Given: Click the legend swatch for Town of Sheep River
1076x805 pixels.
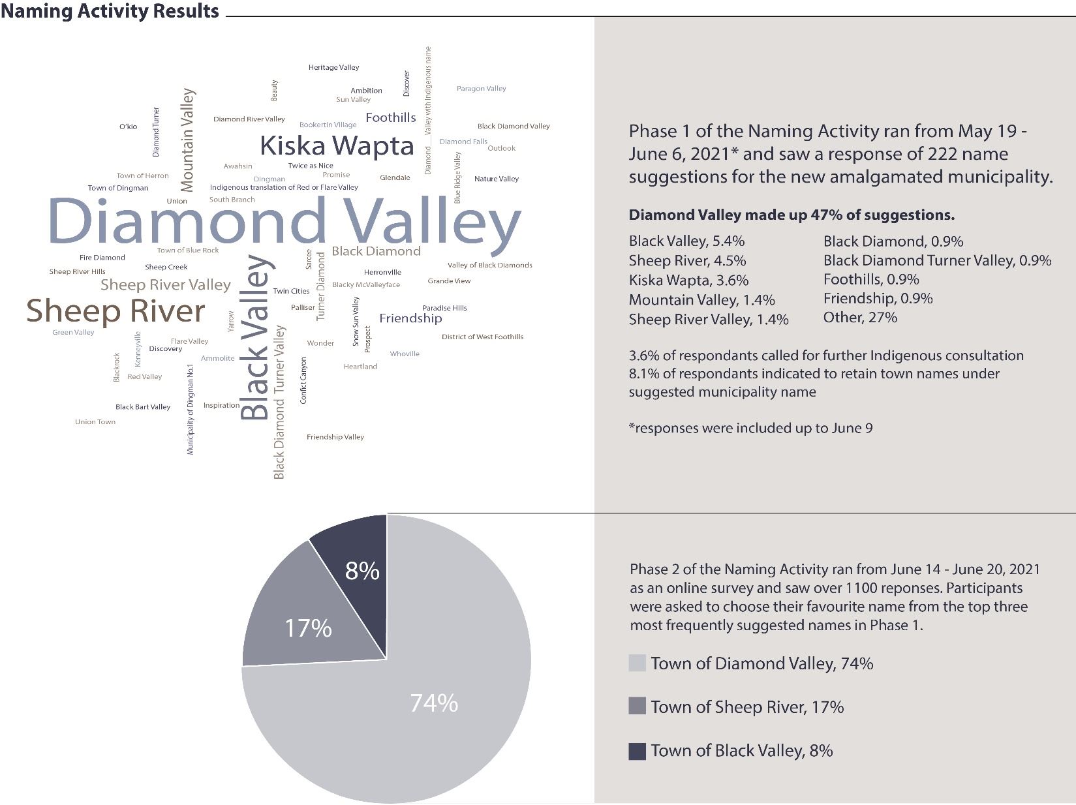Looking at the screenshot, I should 637,706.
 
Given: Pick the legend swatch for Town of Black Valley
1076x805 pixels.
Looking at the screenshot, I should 637,751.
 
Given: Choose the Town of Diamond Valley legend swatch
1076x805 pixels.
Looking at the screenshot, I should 637,663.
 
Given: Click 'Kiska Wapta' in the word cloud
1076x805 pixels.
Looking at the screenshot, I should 337,145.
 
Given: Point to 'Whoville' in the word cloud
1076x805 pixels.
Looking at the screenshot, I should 405,354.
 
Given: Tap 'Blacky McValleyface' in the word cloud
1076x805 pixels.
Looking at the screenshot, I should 366,284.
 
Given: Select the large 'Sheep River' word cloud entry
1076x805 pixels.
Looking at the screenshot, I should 115,311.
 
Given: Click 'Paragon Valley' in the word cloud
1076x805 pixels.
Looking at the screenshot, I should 481,89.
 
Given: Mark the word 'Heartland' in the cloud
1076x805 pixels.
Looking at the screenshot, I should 360,367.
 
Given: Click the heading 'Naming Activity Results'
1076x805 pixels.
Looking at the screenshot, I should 110,11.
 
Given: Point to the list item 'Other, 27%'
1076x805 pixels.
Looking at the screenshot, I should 860,318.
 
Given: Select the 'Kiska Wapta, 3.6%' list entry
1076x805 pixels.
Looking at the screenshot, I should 688,281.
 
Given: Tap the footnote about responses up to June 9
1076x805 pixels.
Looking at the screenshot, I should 750,429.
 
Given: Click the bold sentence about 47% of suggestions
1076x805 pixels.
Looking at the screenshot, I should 792,215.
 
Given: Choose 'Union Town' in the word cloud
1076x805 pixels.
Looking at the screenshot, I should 95,422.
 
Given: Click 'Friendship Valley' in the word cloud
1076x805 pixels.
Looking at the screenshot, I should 335,437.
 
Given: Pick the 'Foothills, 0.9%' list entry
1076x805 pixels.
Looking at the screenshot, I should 871,280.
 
